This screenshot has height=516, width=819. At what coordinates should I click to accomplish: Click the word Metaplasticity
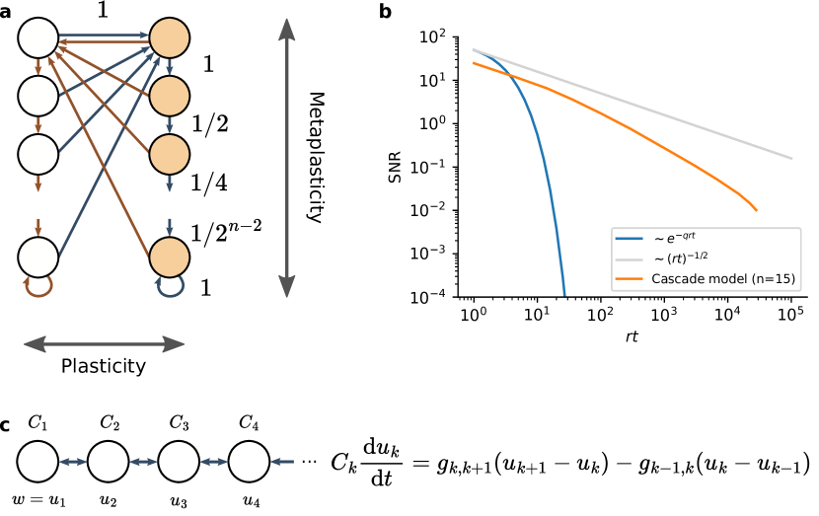[317, 158]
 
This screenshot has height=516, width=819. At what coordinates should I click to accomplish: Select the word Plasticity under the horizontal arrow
[104, 366]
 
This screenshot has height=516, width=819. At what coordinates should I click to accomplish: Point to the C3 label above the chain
[179, 424]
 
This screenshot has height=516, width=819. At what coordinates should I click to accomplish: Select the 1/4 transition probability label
[207, 183]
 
